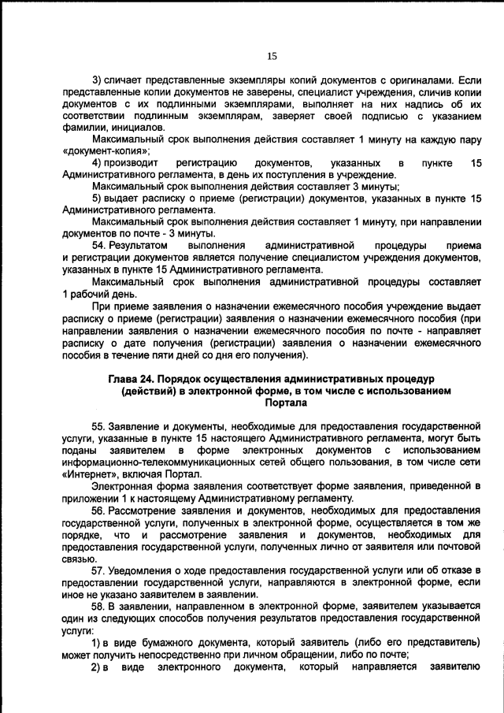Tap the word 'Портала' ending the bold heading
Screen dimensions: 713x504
286,402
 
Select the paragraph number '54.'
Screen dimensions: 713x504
101,246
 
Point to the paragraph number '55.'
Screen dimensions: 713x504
101,426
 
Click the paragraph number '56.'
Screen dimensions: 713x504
101,511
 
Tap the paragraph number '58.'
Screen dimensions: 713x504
101,607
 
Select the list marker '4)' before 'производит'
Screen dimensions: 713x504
98,162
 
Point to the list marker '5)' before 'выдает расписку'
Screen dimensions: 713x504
98,199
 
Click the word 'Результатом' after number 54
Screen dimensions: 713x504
139,246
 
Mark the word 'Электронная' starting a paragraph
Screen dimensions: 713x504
122,487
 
